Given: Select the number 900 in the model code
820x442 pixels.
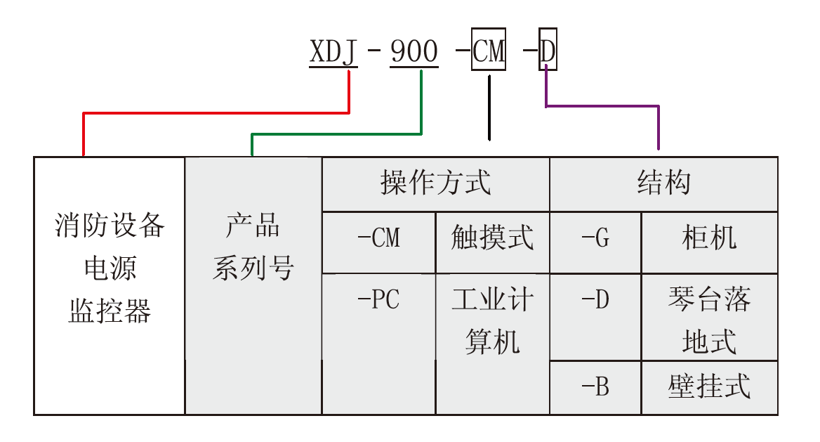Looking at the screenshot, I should click(x=414, y=52).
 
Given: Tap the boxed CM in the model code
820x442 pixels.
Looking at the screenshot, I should click(x=489, y=51).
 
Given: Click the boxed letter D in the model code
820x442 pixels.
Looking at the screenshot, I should click(x=548, y=51).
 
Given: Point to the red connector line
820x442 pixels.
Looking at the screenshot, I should click(x=211, y=112).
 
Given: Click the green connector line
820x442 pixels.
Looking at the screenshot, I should click(x=337, y=134).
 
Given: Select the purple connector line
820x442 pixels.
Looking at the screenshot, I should click(x=604, y=106).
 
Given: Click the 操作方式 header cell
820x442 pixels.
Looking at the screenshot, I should click(x=435, y=183).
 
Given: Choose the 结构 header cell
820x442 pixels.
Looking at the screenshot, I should click(x=663, y=183).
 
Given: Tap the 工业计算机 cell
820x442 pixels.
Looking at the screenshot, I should click(x=492, y=321).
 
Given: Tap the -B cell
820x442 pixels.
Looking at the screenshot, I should click(x=595, y=386).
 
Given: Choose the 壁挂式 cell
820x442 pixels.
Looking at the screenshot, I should click(x=709, y=386).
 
